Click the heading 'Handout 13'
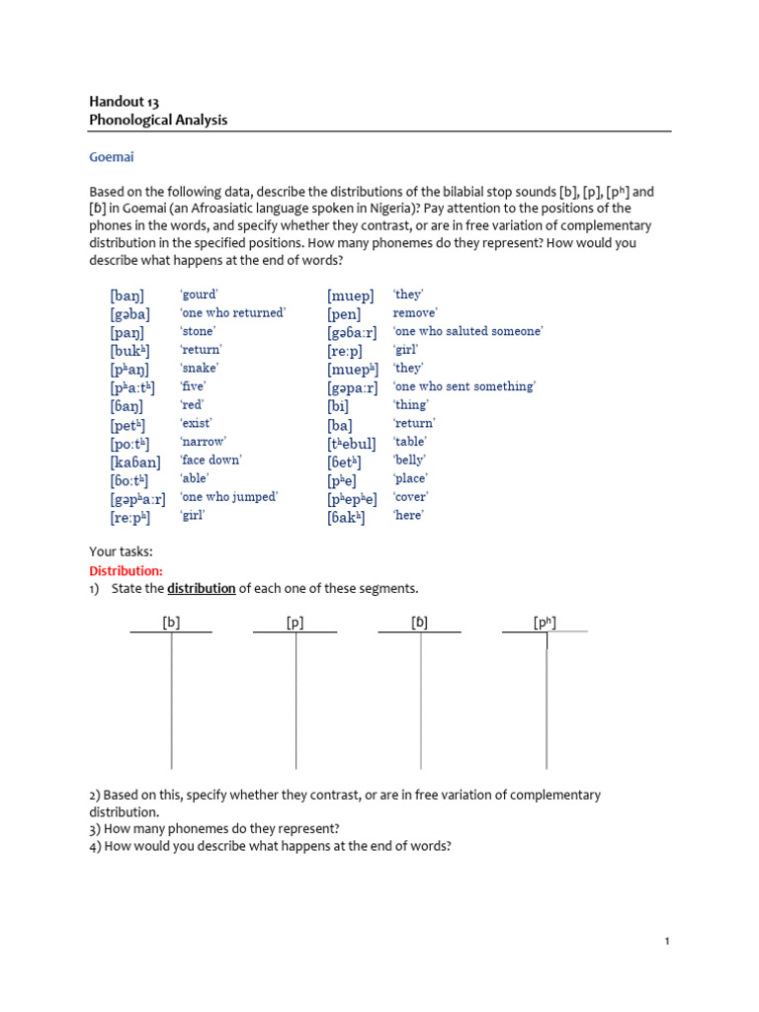(x=125, y=101)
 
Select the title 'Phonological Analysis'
(x=158, y=120)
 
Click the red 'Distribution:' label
(x=126, y=571)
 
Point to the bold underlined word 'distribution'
(x=201, y=589)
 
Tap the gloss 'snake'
(x=198, y=368)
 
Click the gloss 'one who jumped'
(x=228, y=497)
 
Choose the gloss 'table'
(x=410, y=442)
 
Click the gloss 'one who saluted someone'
(x=467, y=331)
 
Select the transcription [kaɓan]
(x=135, y=462)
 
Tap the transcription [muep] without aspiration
(x=351, y=295)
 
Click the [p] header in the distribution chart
(x=295, y=623)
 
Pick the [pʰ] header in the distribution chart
(x=545, y=623)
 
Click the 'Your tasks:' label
(x=121, y=552)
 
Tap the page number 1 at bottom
(x=667, y=942)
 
